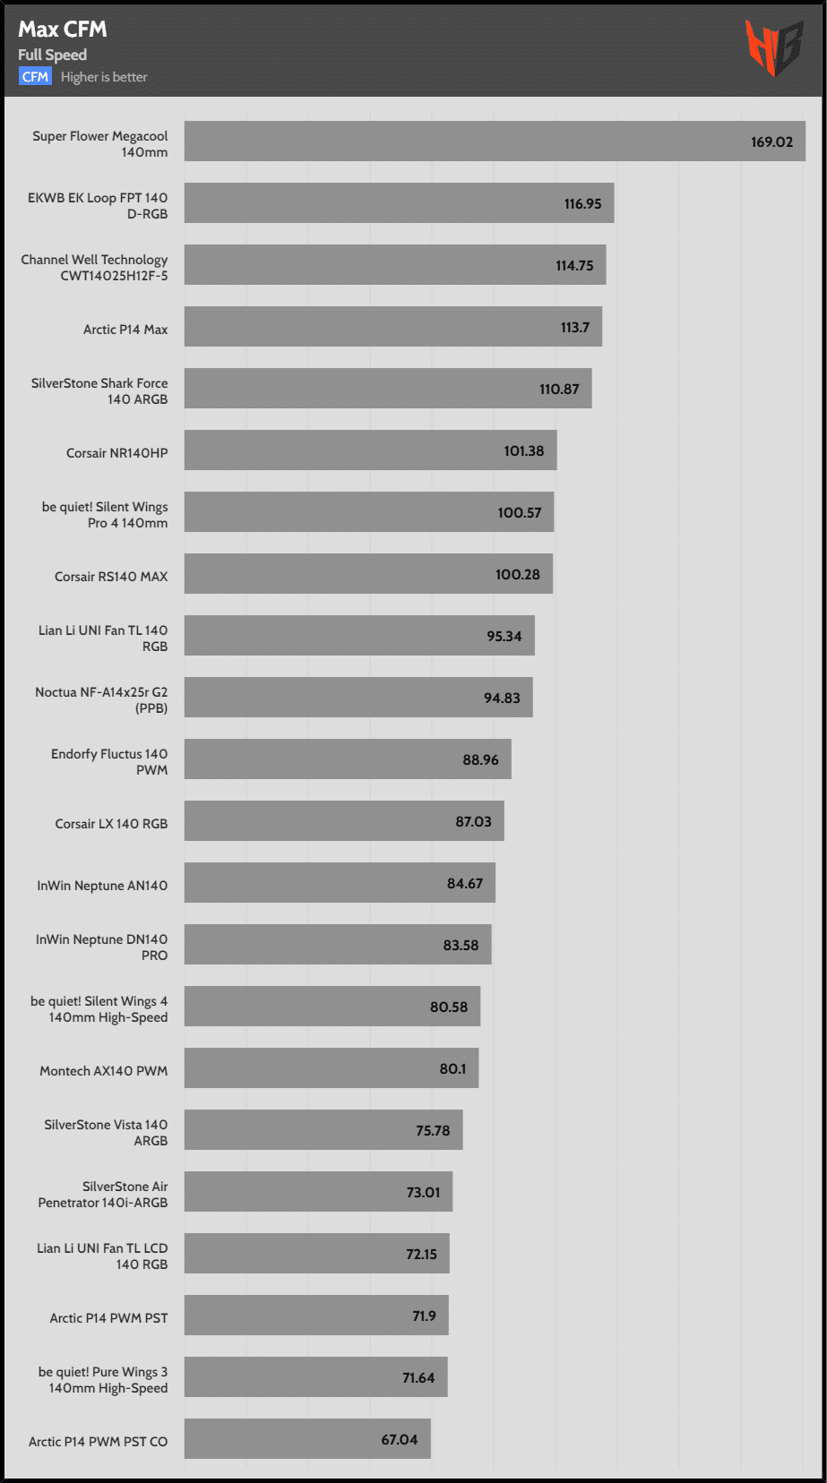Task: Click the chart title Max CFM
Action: (x=63, y=30)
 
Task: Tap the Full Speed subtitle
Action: (x=52, y=55)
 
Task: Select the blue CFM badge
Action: (x=35, y=77)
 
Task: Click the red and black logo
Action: (x=773, y=47)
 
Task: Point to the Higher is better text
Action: (x=104, y=77)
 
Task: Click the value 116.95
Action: (x=582, y=204)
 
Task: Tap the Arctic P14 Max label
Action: (x=125, y=330)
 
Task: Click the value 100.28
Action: (x=518, y=575)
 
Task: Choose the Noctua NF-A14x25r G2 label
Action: (x=101, y=700)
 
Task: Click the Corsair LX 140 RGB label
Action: (x=111, y=824)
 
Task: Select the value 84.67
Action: (x=465, y=884)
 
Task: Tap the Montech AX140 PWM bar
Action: (x=332, y=1068)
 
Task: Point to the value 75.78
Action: (x=433, y=1131)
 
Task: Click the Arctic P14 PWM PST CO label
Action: (x=98, y=1442)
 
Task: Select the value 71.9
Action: (x=424, y=1316)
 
